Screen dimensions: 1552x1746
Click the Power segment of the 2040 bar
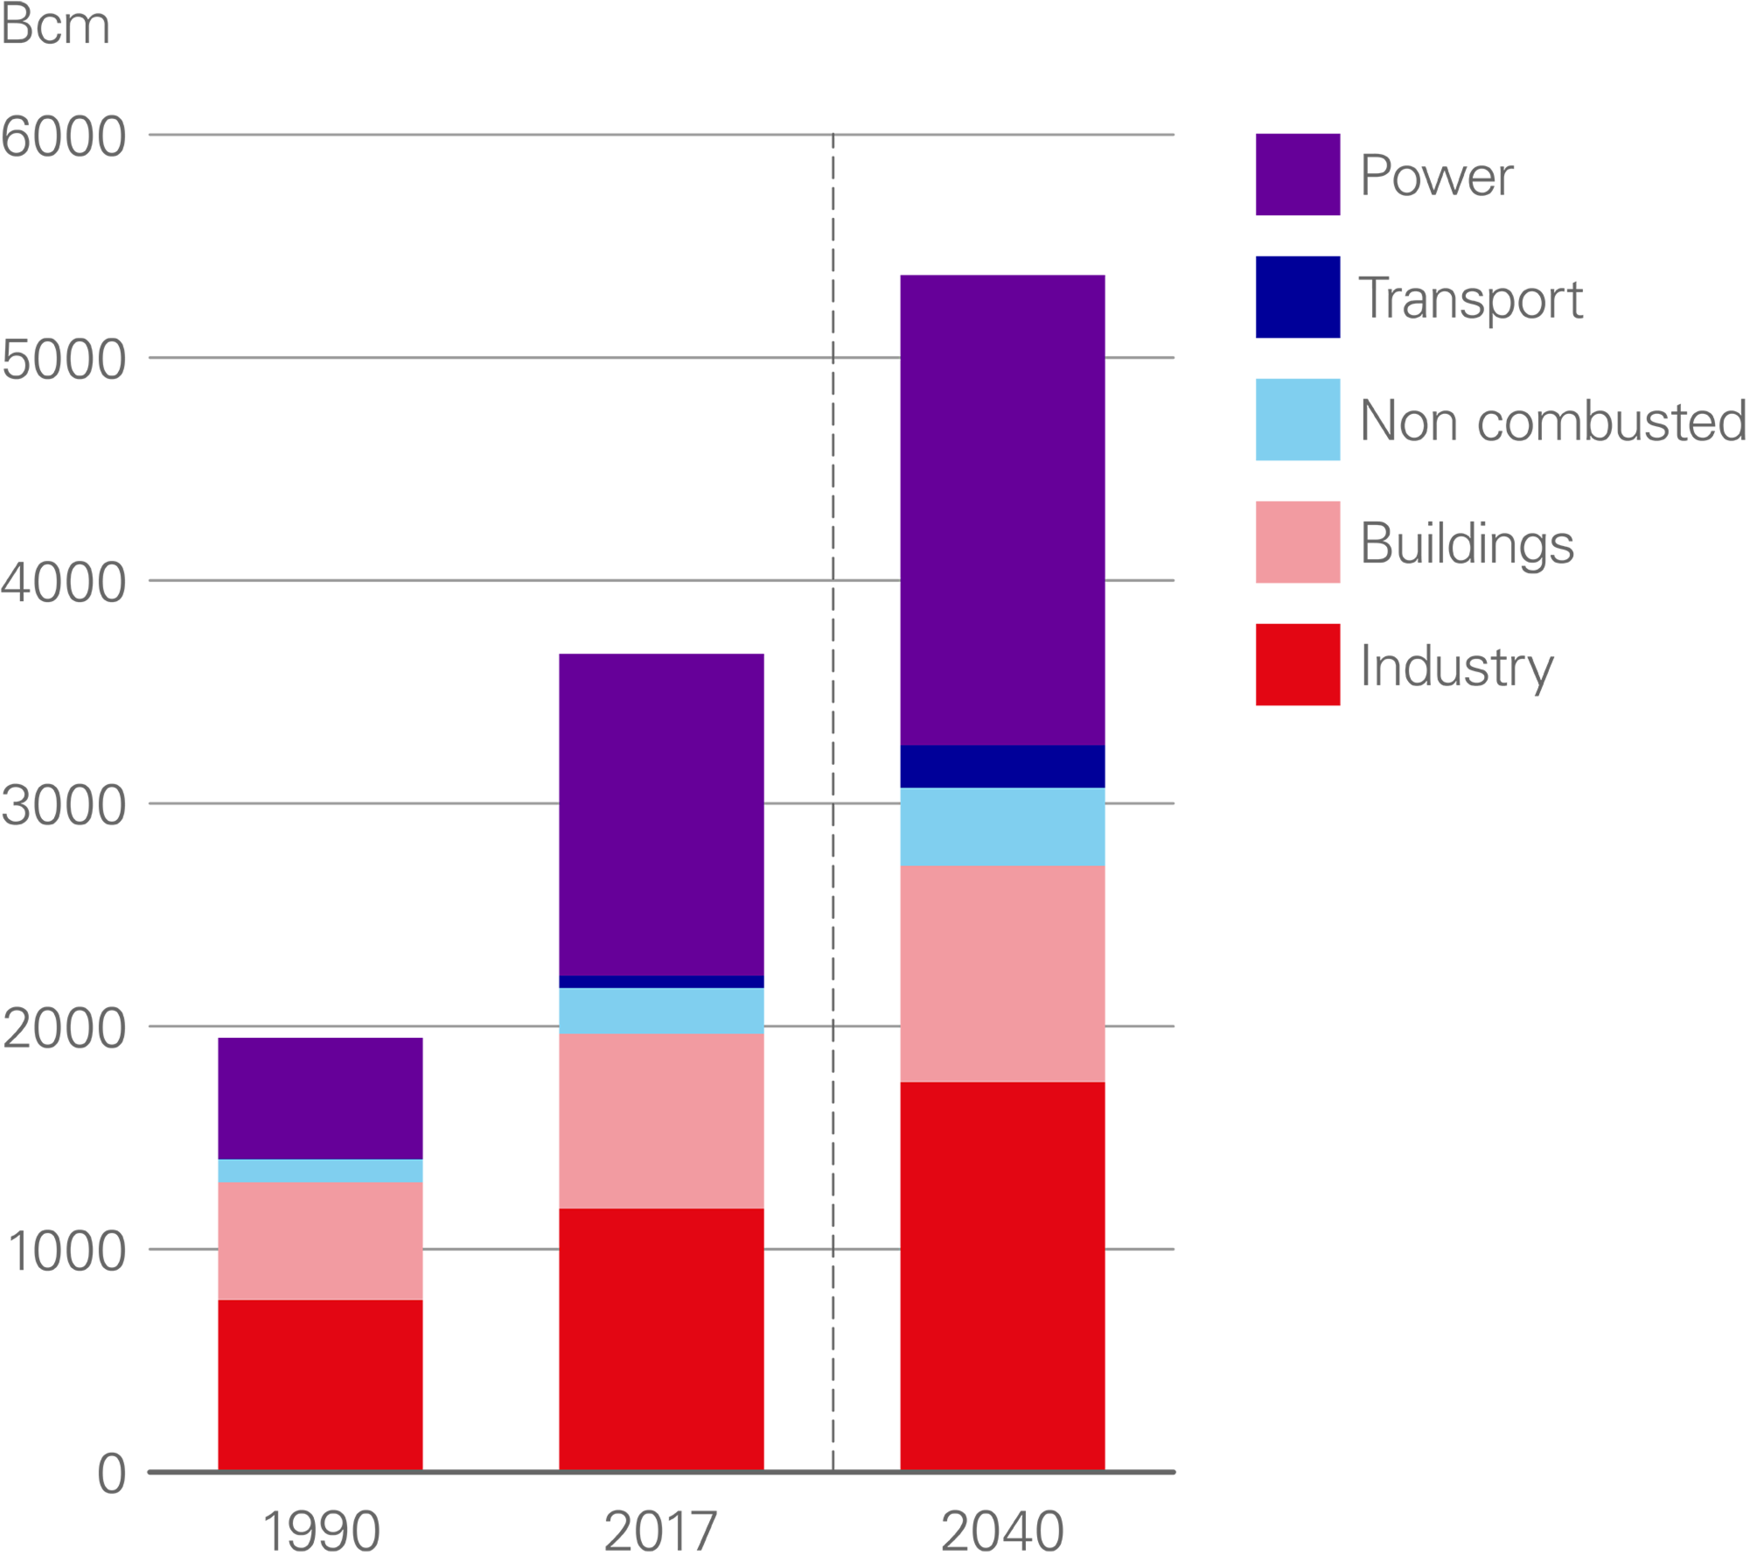point(1002,510)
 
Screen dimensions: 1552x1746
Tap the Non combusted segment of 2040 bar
point(1002,826)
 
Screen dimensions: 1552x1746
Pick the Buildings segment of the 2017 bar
point(661,1120)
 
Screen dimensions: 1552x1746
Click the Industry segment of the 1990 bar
point(320,1385)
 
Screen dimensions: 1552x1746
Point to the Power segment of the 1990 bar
point(320,1098)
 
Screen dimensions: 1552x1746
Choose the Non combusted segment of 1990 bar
point(320,1171)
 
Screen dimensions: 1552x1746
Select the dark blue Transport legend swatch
point(1297,297)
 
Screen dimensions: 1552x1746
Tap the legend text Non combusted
point(1551,420)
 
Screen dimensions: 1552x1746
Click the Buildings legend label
point(1466,543)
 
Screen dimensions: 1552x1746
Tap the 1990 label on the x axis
point(320,1530)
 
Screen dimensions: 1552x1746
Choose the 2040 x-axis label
point(1002,1530)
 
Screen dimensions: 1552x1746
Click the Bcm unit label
point(56,26)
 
